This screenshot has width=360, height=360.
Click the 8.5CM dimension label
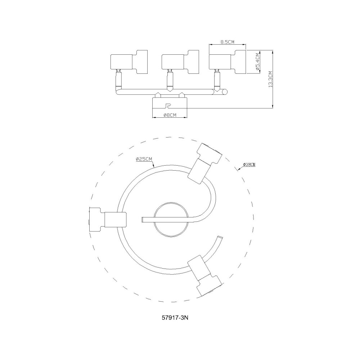[x=227, y=42]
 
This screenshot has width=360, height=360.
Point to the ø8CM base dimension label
[x=170, y=115]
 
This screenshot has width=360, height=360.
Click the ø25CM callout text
[x=144, y=159]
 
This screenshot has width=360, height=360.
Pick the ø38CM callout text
[x=249, y=165]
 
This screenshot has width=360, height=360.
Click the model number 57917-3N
[x=175, y=318]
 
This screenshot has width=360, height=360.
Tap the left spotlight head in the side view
[x=129, y=62]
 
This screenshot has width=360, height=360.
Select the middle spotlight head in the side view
[x=180, y=62]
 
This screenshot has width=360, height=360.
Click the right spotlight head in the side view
[x=228, y=62]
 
